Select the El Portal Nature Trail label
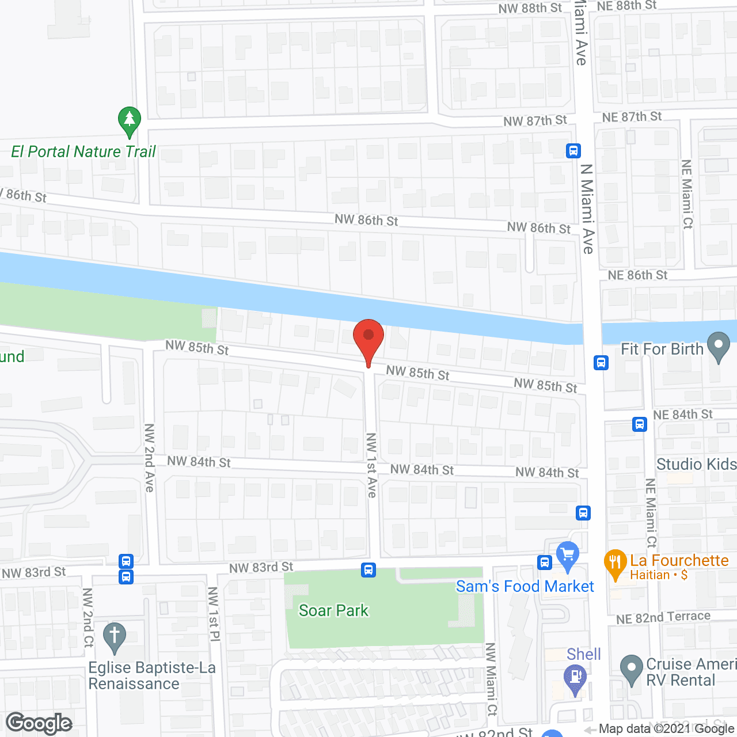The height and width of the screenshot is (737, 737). tap(83, 152)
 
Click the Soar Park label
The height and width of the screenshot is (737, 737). tap(333, 610)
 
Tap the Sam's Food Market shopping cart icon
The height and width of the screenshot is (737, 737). tap(568, 556)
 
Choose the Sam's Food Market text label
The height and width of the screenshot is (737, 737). tap(525, 587)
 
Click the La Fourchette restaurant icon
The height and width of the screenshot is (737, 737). tap(615, 564)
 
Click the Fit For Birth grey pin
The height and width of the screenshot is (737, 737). tap(718, 347)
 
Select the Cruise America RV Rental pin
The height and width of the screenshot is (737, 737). tap(631, 670)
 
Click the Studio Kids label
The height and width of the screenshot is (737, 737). tap(696, 464)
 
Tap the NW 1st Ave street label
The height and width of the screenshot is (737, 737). tap(371, 465)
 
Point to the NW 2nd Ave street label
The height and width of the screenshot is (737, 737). tap(150, 458)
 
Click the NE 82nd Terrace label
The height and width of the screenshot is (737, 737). tap(663, 618)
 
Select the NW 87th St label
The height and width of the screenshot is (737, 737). tap(535, 121)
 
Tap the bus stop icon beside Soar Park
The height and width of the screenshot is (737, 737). tap(368, 570)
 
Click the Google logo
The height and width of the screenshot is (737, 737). tap(39, 723)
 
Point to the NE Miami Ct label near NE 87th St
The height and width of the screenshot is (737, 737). tap(687, 194)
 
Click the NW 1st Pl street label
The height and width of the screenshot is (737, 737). tap(214, 614)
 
